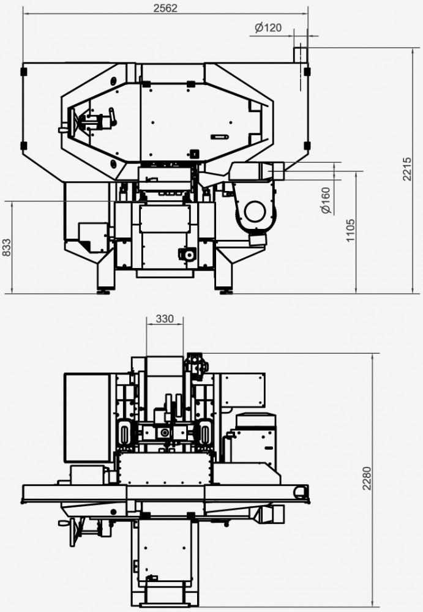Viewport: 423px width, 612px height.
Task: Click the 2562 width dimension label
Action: tap(165, 8)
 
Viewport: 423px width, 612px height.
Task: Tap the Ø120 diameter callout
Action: tap(268, 28)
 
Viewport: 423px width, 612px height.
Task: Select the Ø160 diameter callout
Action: tap(325, 201)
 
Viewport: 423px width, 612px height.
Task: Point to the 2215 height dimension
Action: tap(406, 169)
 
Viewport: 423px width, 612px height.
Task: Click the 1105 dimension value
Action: tap(350, 230)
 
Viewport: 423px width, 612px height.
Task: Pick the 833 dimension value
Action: tap(7, 247)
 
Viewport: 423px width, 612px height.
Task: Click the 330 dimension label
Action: tap(165, 318)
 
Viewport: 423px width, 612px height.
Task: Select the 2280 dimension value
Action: tap(367, 478)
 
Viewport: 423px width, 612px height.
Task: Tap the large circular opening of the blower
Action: tap(255, 211)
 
